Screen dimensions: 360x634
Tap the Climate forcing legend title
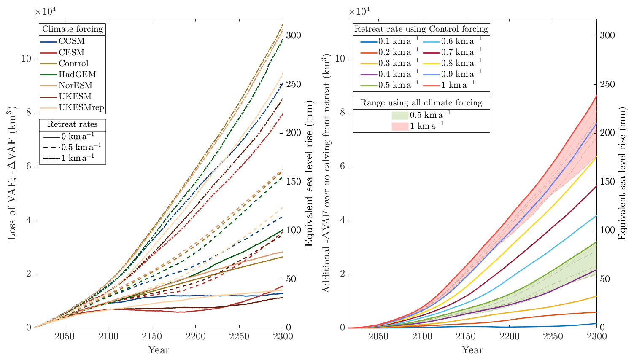[x=72, y=29]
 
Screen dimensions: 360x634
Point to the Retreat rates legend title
[x=72, y=124]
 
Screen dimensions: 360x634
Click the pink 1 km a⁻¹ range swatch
[x=400, y=126]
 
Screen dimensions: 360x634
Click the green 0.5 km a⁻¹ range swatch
[x=400, y=115]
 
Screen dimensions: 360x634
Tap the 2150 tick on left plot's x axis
[x=152, y=336]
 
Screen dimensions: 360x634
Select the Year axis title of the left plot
[x=158, y=350]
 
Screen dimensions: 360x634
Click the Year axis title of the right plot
[x=472, y=350]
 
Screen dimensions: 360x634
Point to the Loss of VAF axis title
[x=11, y=173]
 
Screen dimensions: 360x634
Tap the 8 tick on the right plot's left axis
[x=343, y=113]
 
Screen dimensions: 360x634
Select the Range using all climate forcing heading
[x=421, y=103]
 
